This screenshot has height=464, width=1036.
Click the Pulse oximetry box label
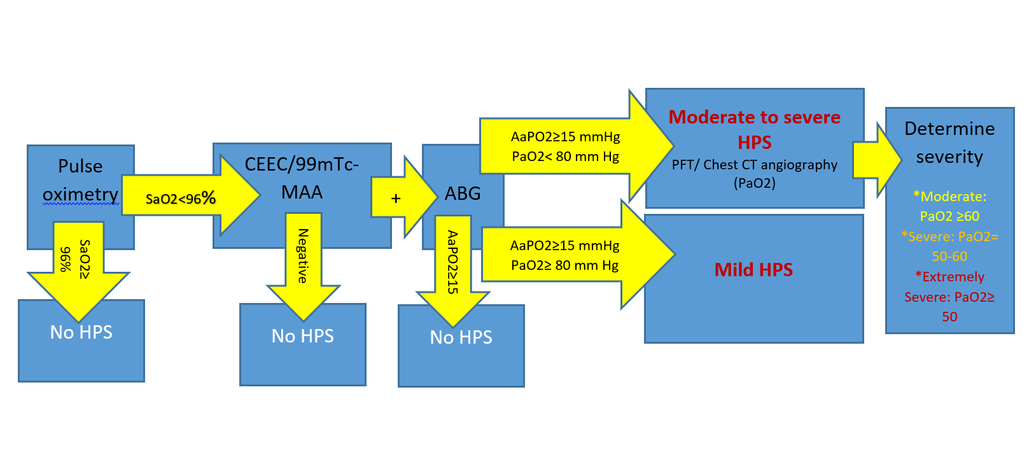pyautogui.click(x=80, y=180)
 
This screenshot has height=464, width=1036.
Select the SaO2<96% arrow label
pyautogui.click(x=181, y=199)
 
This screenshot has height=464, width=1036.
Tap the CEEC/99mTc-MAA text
pyautogui.click(x=302, y=178)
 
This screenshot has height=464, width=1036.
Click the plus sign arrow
pyautogui.click(x=396, y=199)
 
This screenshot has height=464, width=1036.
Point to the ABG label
pyautogui.click(x=463, y=193)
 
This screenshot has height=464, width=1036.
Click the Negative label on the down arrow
pyautogui.click(x=303, y=255)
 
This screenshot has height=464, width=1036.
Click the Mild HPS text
pyautogui.click(x=753, y=270)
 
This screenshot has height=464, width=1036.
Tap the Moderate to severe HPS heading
pyautogui.click(x=754, y=129)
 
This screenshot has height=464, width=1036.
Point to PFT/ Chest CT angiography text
pyautogui.click(x=754, y=165)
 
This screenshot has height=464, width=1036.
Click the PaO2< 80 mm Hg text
pyautogui.click(x=565, y=157)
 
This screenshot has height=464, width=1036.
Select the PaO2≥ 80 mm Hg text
pyautogui.click(x=564, y=265)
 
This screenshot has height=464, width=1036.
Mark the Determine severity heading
pyautogui.click(x=949, y=143)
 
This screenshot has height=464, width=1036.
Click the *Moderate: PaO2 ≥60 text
pyautogui.click(x=949, y=206)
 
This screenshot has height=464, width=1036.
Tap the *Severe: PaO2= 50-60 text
pyautogui.click(x=949, y=246)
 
